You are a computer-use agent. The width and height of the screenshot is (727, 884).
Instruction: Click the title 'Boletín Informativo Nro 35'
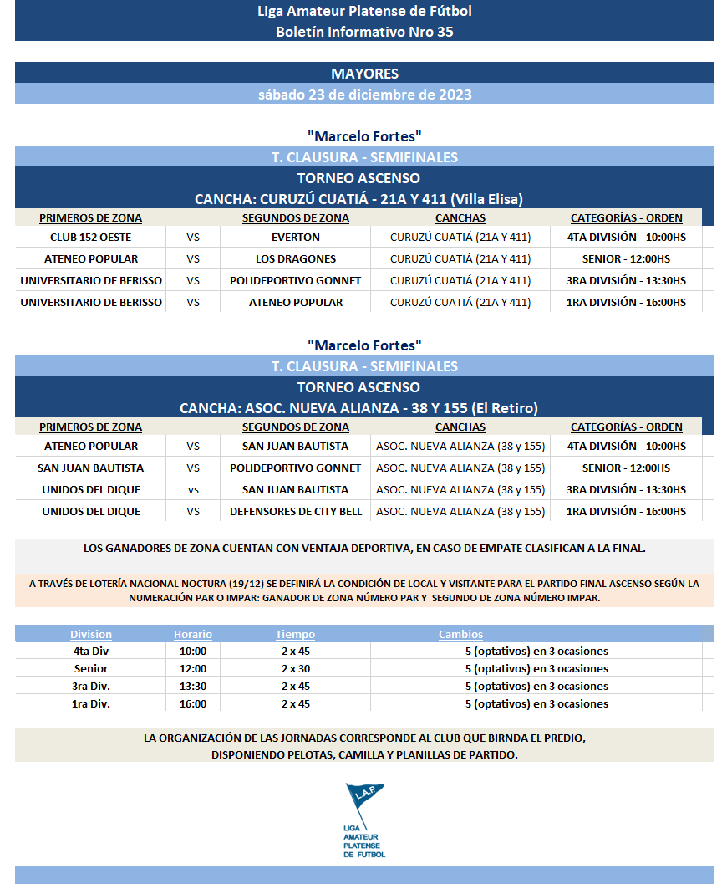tap(364, 32)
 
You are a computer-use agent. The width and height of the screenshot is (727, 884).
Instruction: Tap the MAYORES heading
tap(364, 74)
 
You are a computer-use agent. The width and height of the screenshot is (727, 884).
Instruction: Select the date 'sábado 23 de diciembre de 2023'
tap(364, 95)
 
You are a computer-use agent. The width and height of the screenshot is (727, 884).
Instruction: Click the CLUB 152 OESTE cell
tap(90, 238)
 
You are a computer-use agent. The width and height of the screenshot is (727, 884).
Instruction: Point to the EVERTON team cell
tap(296, 238)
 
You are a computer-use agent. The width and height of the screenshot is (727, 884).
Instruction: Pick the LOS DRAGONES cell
tap(296, 259)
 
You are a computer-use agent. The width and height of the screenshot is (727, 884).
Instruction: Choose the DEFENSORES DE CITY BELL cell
tap(296, 512)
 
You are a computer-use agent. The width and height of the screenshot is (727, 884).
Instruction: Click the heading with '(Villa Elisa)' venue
tap(358, 199)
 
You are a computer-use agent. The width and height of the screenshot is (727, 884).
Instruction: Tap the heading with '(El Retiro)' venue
tap(358, 408)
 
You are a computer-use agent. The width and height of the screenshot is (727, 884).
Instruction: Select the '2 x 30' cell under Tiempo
tap(296, 669)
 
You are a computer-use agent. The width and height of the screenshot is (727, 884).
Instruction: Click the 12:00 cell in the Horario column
tap(193, 669)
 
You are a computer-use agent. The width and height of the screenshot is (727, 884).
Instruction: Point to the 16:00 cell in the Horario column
tap(193, 704)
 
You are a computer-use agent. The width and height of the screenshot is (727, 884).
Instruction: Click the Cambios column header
tap(460, 635)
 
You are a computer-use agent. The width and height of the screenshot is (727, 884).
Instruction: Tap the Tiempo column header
tap(296, 635)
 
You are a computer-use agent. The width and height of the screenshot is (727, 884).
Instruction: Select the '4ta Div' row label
tap(91, 652)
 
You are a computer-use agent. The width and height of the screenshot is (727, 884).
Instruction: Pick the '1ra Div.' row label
tap(91, 704)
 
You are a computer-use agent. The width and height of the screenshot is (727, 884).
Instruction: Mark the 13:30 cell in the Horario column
tap(193, 687)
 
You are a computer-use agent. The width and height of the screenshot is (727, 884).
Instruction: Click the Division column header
tap(91, 635)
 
